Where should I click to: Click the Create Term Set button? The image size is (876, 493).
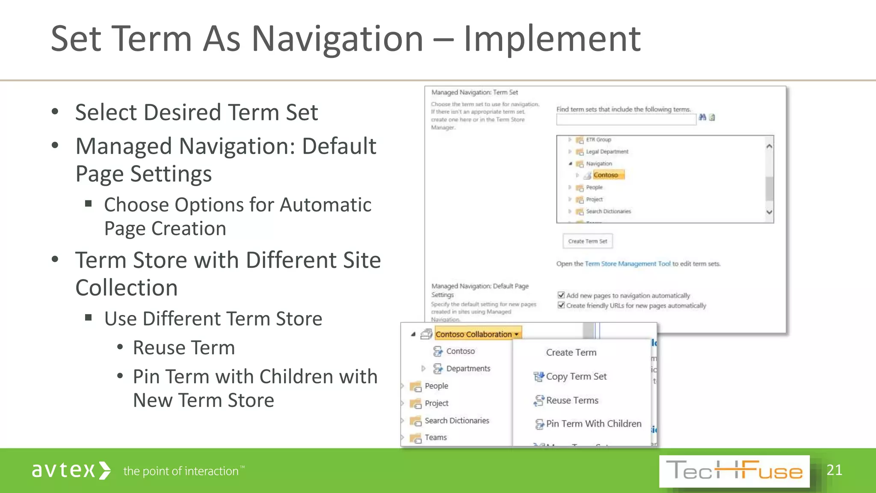pos(587,241)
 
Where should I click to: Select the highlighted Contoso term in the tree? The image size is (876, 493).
pos(606,175)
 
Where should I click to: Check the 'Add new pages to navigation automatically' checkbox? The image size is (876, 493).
pos(561,295)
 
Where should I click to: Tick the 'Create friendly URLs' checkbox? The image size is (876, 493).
pos(561,305)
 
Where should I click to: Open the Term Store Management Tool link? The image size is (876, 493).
pos(627,264)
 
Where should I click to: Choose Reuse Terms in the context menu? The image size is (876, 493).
pos(572,401)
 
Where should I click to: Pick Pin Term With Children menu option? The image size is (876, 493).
pos(593,424)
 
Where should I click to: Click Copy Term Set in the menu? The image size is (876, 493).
pos(576,377)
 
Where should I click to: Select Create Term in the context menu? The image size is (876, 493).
pos(571,353)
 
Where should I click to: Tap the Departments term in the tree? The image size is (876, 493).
pos(468,368)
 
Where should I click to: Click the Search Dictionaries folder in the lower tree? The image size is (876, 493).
pos(456,421)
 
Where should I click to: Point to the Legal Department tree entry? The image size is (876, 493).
pos(607,151)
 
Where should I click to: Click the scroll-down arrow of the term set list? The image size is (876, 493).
pos(769,212)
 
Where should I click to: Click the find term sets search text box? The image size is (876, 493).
pos(626,120)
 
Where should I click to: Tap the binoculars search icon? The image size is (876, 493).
pos(702,117)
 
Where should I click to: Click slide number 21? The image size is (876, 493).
pos(834,470)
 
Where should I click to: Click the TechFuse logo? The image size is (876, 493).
pos(734,471)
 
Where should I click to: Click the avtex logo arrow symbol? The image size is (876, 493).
pos(105,471)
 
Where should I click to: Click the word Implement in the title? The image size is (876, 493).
pos(552,39)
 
